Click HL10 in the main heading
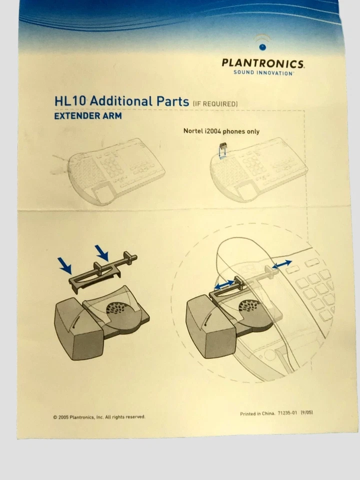click(71, 101)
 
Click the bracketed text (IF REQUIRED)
click(215, 103)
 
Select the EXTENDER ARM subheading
click(87, 116)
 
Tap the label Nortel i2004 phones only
click(221, 131)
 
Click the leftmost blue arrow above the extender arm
click(65, 265)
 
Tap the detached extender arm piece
click(102, 269)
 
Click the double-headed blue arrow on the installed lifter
click(223, 284)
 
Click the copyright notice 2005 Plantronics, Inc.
click(99, 416)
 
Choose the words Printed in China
click(257, 414)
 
